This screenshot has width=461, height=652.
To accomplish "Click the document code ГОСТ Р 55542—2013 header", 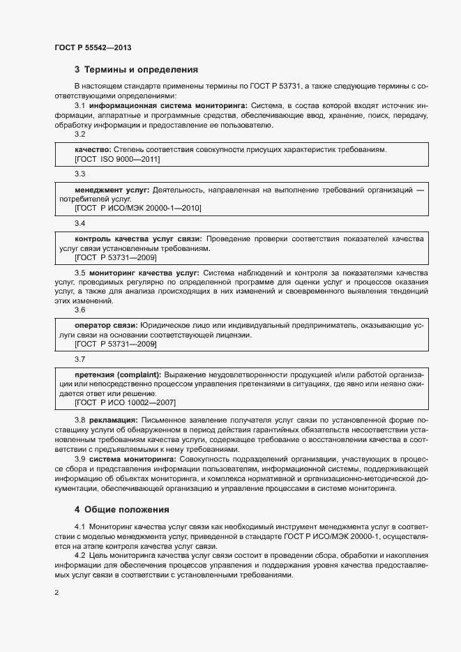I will click(93, 48).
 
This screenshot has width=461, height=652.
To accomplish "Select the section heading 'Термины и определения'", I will click(136, 70).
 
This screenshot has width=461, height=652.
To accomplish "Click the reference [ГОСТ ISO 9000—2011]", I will click(117, 160).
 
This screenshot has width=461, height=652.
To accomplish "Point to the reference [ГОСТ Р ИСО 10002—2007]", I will click(125, 402).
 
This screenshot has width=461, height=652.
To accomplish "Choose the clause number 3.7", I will click(80, 359).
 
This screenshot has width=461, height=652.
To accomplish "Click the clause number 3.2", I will click(80, 135).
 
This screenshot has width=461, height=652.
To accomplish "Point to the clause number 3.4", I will click(80, 224).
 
